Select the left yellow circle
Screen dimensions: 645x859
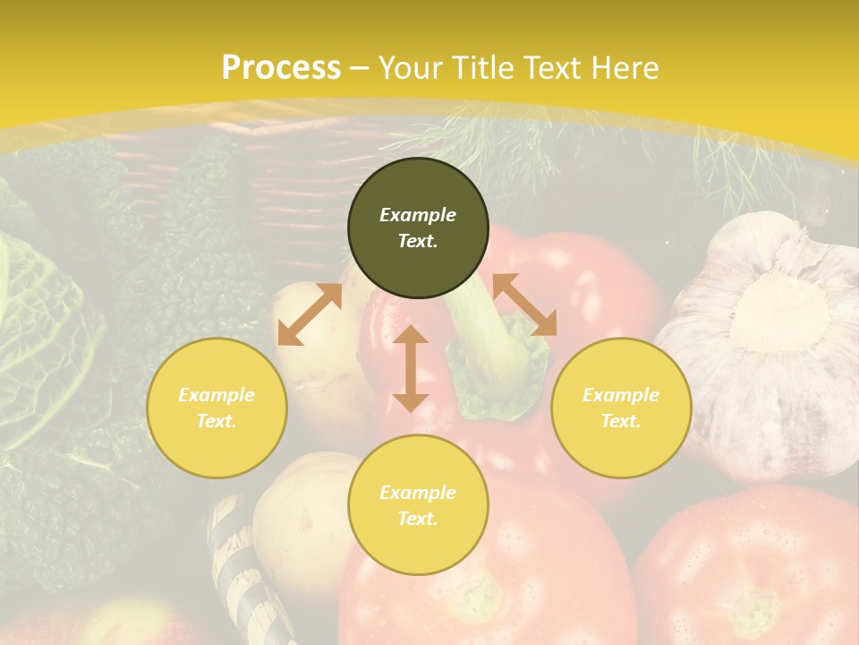[217, 408]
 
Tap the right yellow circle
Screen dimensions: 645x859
[621, 408]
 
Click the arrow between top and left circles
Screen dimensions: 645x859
[310, 314]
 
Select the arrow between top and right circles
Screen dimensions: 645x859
[524, 305]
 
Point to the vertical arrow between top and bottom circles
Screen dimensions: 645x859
[411, 368]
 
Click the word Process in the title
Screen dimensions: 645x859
[281, 67]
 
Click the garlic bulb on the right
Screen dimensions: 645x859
[770, 340]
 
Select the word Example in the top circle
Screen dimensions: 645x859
[418, 215]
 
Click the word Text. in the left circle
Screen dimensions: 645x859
[217, 421]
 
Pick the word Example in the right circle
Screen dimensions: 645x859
[621, 395]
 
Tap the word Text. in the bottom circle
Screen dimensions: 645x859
[418, 519]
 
